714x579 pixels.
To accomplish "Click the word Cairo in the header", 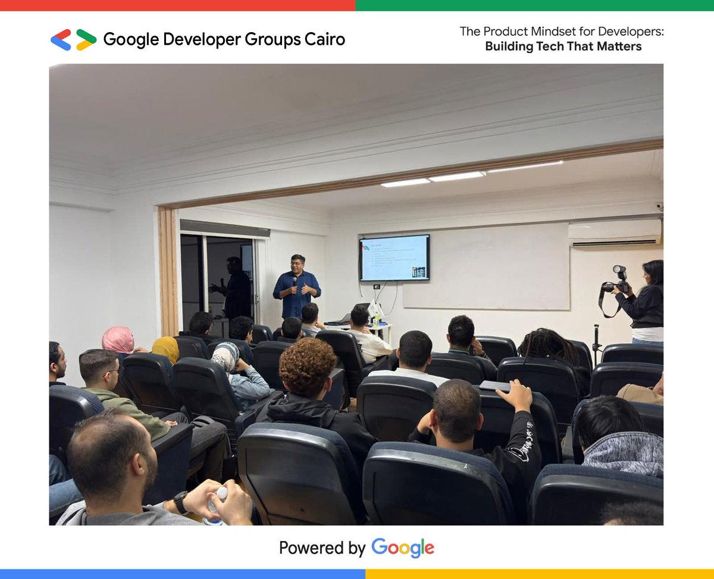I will coord(323,39).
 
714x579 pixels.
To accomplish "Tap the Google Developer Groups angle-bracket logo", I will coord(73,39).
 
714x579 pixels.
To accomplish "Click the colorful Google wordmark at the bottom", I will coord(403,547).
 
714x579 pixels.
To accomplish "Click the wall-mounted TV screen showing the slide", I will coord(394,257).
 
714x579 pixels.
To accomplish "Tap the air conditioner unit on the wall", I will coord(615,232).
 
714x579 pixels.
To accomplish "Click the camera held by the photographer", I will coord(617,281).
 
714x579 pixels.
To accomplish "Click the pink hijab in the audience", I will coord(117,339).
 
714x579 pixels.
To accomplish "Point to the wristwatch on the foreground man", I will coord(180,502).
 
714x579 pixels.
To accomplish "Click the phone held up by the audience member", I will coord(495,386).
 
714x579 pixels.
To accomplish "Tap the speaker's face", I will coord(297,265).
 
